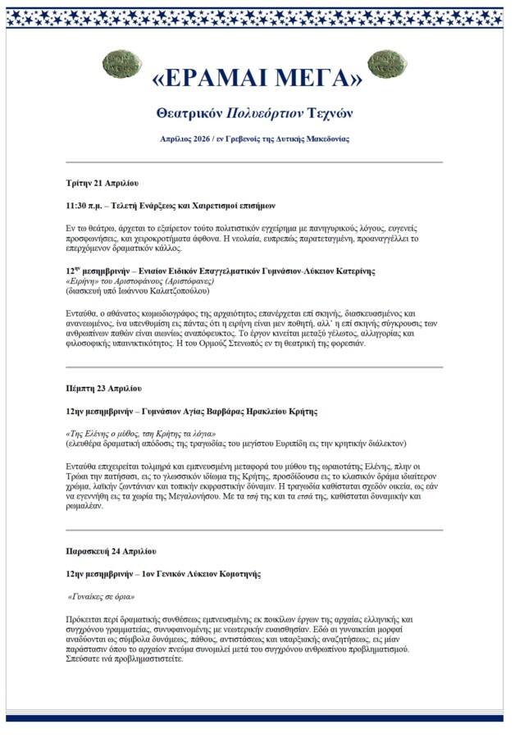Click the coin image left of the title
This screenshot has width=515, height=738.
121,65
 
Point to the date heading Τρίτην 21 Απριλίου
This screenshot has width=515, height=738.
103,182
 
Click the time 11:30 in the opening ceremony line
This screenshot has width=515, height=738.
80,206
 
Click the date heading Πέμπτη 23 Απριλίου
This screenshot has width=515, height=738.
104,388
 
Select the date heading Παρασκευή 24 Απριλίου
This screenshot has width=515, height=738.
112,551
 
